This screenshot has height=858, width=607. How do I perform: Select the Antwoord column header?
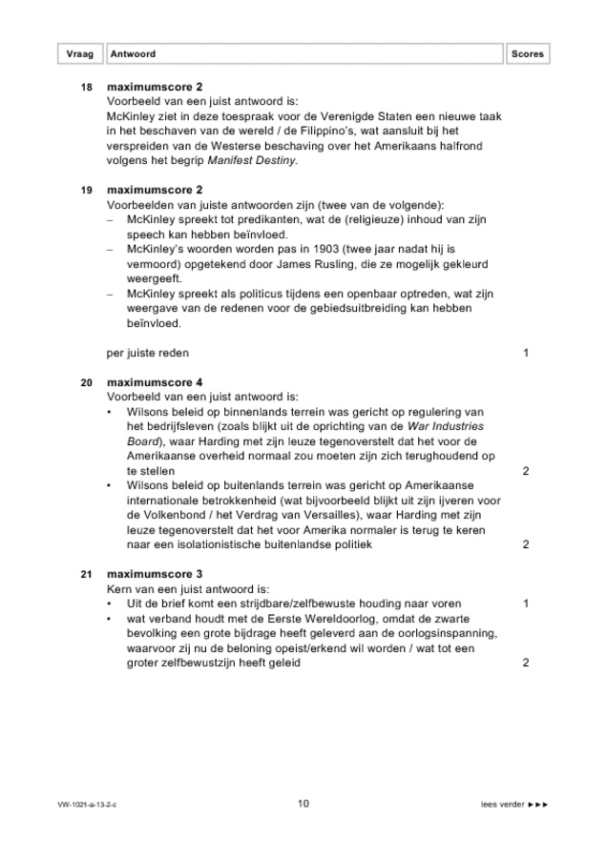(x=133, y=54)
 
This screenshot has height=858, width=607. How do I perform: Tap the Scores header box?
(x=527, y=54)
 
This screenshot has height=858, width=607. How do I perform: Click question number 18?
(x=87, y=87)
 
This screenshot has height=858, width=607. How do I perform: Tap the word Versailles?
(x=328, y=515)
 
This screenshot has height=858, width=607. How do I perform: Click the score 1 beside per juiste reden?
(x=526, y=353)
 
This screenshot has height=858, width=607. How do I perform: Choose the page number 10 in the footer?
(x=303, y=804)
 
